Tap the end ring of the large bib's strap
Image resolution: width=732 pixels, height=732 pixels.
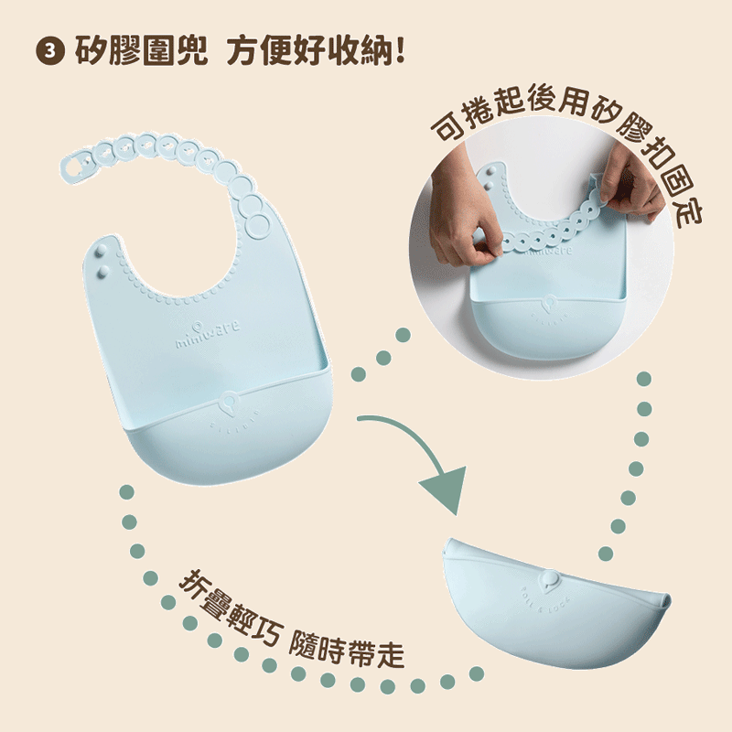[76, 166]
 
